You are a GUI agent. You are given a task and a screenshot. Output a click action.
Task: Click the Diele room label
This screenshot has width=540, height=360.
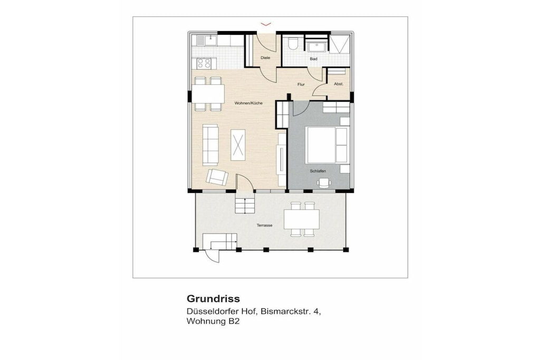click(x=265, y=58)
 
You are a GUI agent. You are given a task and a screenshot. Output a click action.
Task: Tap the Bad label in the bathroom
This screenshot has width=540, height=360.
click(x=313, y=59)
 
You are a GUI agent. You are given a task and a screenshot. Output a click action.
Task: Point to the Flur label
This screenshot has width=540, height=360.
click(x=301, y=84)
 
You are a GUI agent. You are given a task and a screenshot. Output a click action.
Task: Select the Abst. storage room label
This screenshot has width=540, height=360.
click(x=339, y=84)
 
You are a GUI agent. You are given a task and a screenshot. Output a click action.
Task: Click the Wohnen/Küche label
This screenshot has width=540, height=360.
click(x=248, y=103)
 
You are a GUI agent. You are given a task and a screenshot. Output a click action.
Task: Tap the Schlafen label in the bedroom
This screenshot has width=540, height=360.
click(x=318, y=171)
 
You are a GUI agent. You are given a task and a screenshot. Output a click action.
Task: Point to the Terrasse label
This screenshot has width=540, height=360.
click(x=265, y=226)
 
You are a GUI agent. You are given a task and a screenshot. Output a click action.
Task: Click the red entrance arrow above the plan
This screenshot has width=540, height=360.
click(x=266, y=24)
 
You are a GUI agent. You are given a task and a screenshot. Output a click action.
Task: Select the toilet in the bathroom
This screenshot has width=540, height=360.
click(x=293, y=43)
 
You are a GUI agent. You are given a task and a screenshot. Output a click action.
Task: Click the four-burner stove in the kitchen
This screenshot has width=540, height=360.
click(x=204, y=63)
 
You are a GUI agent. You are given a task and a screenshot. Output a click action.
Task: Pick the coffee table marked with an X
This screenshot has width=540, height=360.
click(x=238, y=145)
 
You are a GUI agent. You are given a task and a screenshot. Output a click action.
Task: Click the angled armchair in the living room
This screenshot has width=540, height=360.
click(x=217, y=177)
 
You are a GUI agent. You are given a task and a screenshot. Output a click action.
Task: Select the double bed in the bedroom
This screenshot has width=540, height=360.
click(x=327, y=145)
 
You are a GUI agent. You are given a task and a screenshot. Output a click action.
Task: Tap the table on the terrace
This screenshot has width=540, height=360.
click(x=302, y=219)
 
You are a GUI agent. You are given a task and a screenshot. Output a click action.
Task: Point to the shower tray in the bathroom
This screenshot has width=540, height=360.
click(x=340, y=44)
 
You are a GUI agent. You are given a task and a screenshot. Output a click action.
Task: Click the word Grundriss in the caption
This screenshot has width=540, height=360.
click(x=213, y=298)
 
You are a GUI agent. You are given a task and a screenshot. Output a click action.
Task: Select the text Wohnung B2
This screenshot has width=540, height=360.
click(x=213, y=321)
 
